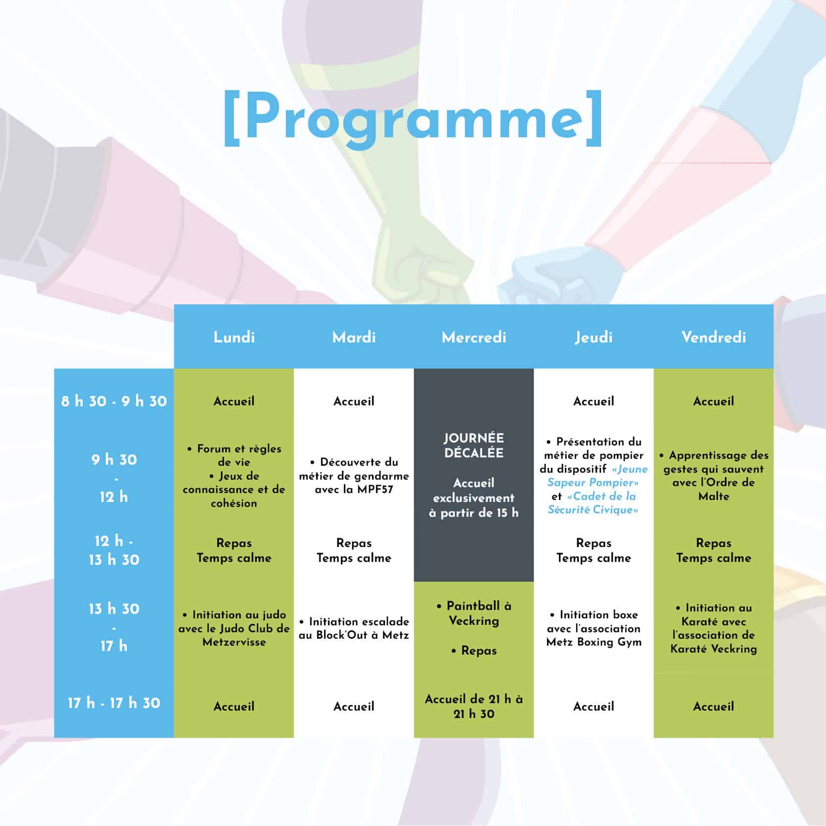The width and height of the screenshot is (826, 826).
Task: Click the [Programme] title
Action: tap(413, 118)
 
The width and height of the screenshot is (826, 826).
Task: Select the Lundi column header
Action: tap(234, 337)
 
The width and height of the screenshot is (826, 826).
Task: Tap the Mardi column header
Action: tap(354, 337)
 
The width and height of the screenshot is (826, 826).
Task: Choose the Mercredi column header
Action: tap(474, 337)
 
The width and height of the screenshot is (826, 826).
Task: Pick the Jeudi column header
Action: tap(594, 337)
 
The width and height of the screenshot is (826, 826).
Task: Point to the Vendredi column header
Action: tap(714, 337)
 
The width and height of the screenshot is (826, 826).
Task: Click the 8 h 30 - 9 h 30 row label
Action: tap(114, 401)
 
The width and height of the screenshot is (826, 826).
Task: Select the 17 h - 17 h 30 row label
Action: tap(114, 703)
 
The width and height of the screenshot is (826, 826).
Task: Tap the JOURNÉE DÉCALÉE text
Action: tap(474, 445)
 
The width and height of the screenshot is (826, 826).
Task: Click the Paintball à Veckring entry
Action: tap(474, 613)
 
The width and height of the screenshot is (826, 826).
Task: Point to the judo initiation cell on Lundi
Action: tap(234, 628)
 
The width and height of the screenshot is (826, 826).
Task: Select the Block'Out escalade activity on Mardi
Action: tap(354, 628)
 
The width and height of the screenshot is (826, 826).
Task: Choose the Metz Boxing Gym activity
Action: tap(594, 628)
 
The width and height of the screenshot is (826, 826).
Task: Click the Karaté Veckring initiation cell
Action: tap(714, 628)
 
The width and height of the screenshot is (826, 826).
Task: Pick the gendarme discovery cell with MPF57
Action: tap(354, 476)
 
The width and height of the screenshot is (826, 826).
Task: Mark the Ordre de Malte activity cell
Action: tap(714, 476)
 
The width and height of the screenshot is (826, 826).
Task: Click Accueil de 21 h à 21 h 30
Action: tap(474, 707)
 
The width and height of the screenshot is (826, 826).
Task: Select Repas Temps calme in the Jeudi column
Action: tap(594, 551)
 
